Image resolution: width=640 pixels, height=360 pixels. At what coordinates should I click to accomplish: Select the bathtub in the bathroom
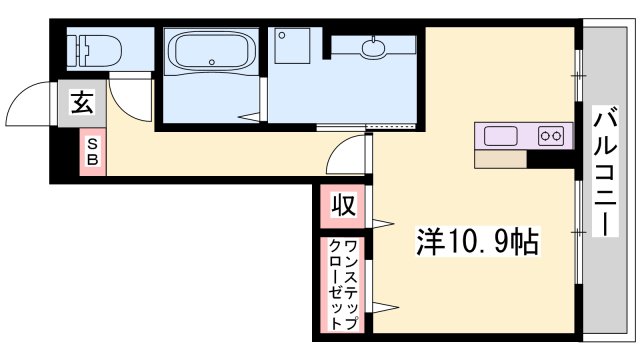pos(212,50)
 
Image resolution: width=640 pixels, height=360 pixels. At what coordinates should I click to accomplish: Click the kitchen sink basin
pos(501,135)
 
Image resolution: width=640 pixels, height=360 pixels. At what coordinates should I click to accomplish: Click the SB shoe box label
pos(92,153)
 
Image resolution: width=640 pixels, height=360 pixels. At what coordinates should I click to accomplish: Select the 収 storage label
pos(342,207)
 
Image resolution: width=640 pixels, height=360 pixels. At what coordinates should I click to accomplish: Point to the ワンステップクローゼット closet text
pos(342,285)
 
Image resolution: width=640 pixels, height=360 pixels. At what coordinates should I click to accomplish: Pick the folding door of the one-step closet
pos(383,285)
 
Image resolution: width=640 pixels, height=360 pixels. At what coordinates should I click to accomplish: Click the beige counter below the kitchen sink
pos(500,158)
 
